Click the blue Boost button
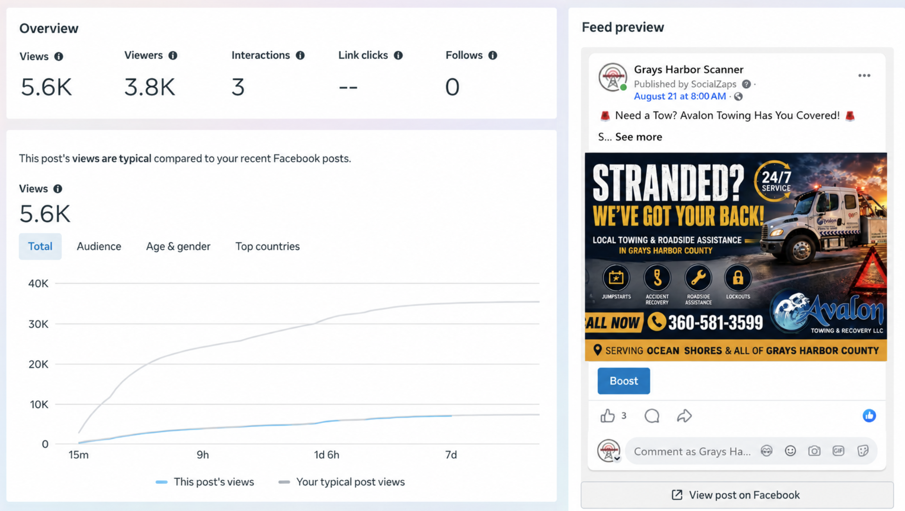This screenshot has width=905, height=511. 623,381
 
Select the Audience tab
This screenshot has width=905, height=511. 99,246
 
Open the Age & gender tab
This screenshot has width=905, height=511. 178,246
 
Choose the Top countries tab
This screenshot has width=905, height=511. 267,246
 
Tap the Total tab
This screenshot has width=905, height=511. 40,246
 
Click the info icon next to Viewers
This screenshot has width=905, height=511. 173,55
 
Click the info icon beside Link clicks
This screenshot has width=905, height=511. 398,55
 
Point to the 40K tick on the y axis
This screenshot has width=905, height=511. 38,284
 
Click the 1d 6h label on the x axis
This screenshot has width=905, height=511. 326,455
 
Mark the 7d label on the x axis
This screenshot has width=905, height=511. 451,455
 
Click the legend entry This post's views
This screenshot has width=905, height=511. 205,482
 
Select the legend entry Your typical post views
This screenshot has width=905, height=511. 342,482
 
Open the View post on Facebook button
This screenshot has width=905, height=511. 737,495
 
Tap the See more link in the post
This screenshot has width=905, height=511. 639,137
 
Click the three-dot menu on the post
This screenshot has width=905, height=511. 864,76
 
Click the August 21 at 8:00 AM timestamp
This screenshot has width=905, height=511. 680,96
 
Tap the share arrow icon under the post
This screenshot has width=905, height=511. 684,416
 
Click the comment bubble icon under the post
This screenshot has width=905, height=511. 652,416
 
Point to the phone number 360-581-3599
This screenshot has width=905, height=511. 715,323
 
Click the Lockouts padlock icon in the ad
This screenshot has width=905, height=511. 738,278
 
